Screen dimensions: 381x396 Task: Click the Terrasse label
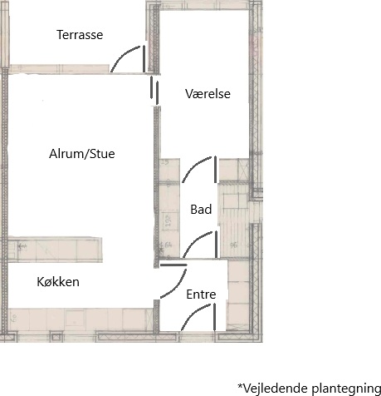pyautogui.click(x=80, y=35)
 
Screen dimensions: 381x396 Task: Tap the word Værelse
pyautogui.click(x=208, y=94)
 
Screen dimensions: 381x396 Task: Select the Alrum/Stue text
pyautogui.click(x=82, y=154)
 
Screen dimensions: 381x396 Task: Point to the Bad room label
pyautogui.click(x=201, y=210)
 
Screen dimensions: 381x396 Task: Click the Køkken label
pyautogui.click(x=58, y=282)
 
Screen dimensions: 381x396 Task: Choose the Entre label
pyautogui.click(x=201, y=295)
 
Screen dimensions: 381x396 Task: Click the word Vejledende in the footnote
pyautogui.click(x=274, y=388)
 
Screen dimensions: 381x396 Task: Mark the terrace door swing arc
pyautogui.click(x=122, y=56)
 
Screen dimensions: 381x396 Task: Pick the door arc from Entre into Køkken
pyautogui.click(x=178, y=286)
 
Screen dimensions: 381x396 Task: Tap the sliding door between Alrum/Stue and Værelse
pyautogui.click(x=154, y=91)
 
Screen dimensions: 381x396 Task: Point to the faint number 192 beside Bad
pyautogui.click(x=169, y=220)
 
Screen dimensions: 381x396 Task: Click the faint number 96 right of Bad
pyautogui.click(x=234, y=245)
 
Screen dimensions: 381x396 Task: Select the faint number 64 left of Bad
pyautogui.click(x=169, y=245)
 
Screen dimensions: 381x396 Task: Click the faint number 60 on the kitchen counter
pyautogui.click(x=14, y=318)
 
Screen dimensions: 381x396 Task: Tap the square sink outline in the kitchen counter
pyautogui.click(x=75, y=318)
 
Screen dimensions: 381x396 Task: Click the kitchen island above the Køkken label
pyautogui.click(x=55, y=250)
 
